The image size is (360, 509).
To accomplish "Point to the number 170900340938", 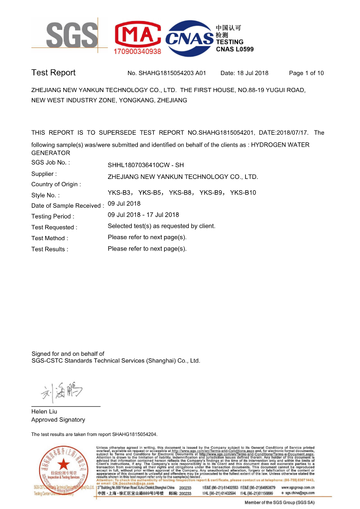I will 137,51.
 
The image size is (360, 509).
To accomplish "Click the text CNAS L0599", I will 235,49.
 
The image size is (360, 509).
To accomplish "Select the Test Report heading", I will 53,72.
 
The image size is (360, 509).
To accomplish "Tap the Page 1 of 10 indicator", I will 307,73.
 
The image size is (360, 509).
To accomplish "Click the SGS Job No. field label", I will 51,162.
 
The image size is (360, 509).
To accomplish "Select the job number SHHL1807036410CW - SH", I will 146,165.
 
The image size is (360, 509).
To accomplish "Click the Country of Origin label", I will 56,184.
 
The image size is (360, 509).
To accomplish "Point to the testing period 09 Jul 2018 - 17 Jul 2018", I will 143,215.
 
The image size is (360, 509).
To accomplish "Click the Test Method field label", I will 49,238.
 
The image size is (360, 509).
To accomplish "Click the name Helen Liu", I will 44,411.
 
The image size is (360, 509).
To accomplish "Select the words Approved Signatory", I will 58,420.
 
